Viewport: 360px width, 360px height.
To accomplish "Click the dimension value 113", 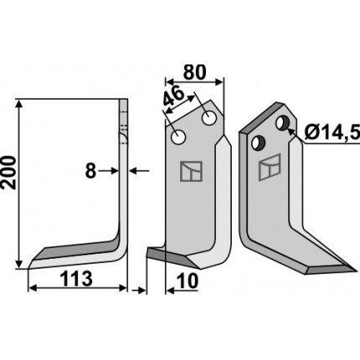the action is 76,280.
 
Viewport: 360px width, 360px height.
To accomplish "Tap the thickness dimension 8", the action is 90,171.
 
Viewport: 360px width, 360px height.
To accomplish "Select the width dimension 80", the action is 194,73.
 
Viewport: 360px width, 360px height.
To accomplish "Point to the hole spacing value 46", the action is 173,97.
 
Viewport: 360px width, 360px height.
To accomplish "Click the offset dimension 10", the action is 188,281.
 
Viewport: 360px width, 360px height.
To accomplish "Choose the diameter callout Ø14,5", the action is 332,133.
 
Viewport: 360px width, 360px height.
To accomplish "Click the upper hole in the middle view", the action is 209,119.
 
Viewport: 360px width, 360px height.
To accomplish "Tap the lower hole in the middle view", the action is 178,137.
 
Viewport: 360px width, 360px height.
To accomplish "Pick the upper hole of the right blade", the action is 282,123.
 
